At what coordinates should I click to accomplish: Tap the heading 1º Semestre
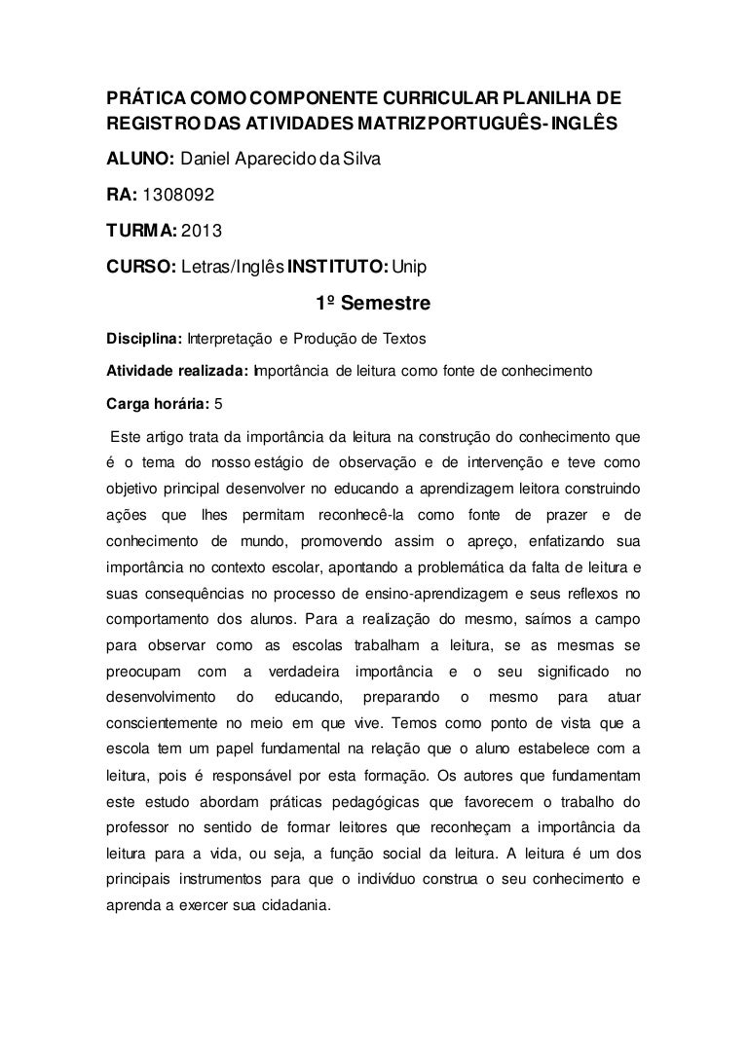[x=374, y=305]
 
